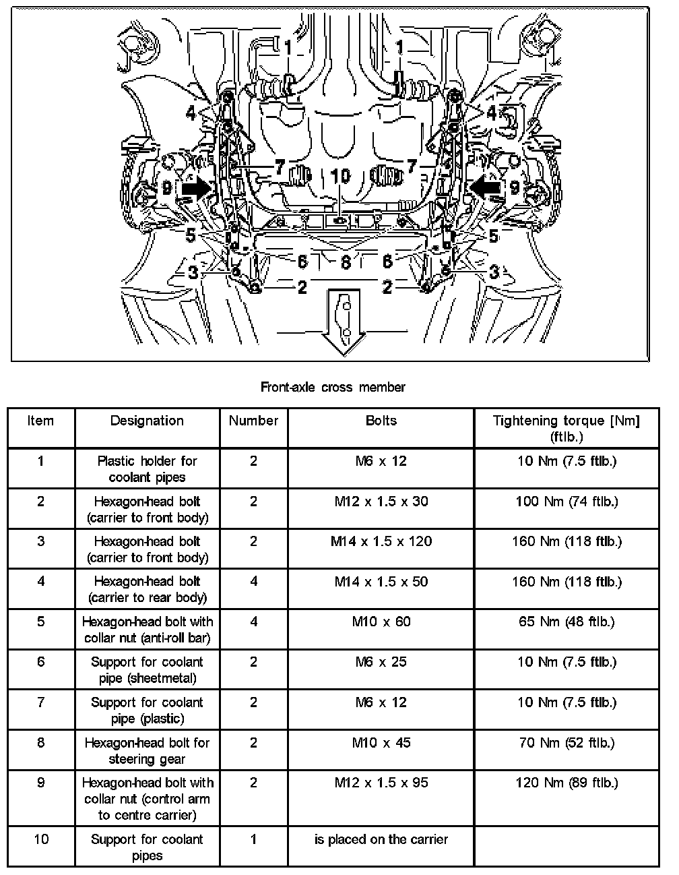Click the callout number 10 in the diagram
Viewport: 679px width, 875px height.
341,176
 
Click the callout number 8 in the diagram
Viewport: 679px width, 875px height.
346,261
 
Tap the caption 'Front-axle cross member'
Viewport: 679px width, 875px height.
333,387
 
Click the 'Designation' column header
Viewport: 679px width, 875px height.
147,421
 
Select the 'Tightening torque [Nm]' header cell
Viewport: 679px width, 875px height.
566,428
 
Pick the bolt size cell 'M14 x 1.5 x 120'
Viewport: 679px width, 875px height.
381,541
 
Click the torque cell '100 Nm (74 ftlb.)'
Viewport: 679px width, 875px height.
566,502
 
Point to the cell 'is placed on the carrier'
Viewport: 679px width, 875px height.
381,839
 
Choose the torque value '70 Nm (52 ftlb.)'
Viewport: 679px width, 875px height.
566,743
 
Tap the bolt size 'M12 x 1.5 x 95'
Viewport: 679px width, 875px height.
381,783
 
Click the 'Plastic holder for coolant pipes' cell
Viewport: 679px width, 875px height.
147,469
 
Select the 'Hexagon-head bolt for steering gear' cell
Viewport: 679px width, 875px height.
147,750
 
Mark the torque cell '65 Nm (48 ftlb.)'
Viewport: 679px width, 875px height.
566,622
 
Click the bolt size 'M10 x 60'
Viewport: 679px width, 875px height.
381,622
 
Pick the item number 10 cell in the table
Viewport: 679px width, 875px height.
41,839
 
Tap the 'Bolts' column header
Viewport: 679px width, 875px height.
381,421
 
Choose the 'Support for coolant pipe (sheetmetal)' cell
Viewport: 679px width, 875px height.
147,670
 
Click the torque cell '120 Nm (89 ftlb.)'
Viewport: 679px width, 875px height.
566,783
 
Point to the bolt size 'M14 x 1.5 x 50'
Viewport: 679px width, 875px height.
381,582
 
